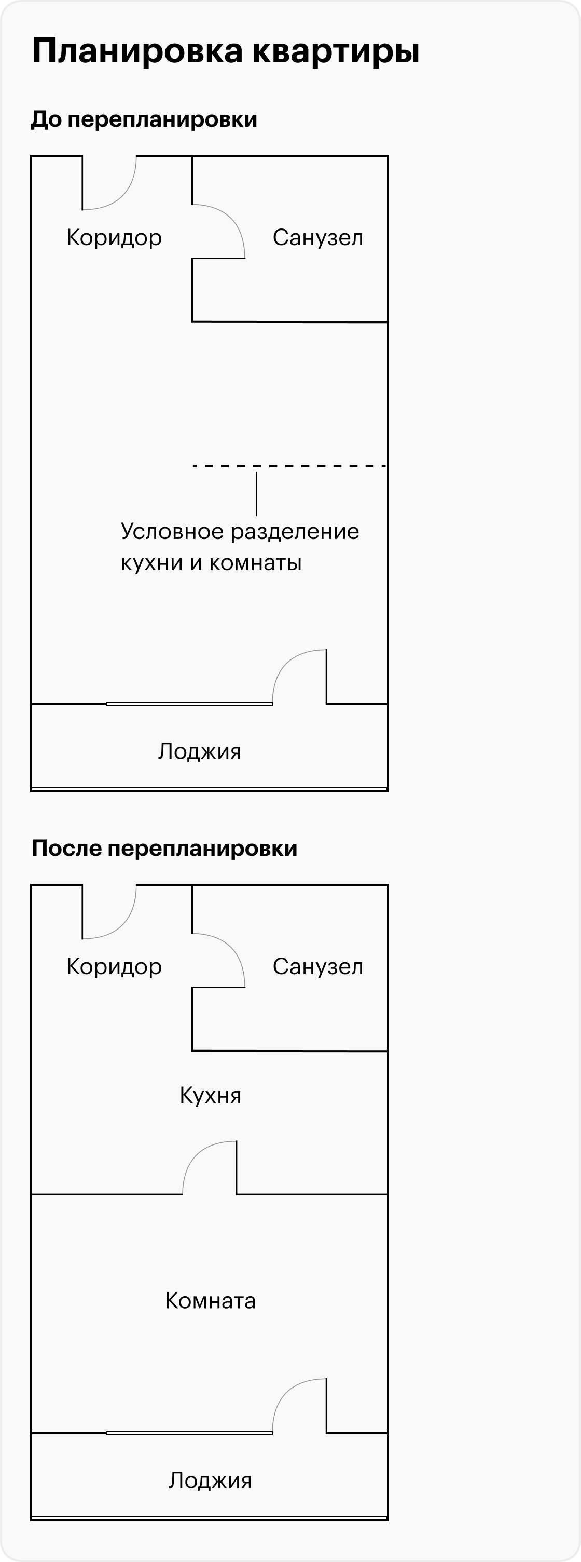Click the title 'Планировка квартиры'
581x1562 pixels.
pos(225,51)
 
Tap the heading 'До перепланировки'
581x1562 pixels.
pos(144,119)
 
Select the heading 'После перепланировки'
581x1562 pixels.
pos(164,849)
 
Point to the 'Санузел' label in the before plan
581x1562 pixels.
pos(317,238)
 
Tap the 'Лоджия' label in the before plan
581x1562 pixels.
pos(199,752)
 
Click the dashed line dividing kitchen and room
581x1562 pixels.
pos(289,466)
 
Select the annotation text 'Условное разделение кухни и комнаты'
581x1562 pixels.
pos(240,547)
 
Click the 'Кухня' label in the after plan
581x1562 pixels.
pos(210,1095)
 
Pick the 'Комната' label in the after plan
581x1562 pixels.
pos(210,1301)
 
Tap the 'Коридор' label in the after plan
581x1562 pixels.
pos(114,967)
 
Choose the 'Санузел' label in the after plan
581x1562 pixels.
pos(317,966)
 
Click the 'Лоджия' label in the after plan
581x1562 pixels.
pos(210,1481)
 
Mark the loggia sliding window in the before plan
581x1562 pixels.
pos(189,704)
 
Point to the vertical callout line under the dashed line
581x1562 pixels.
pos(256,494)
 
